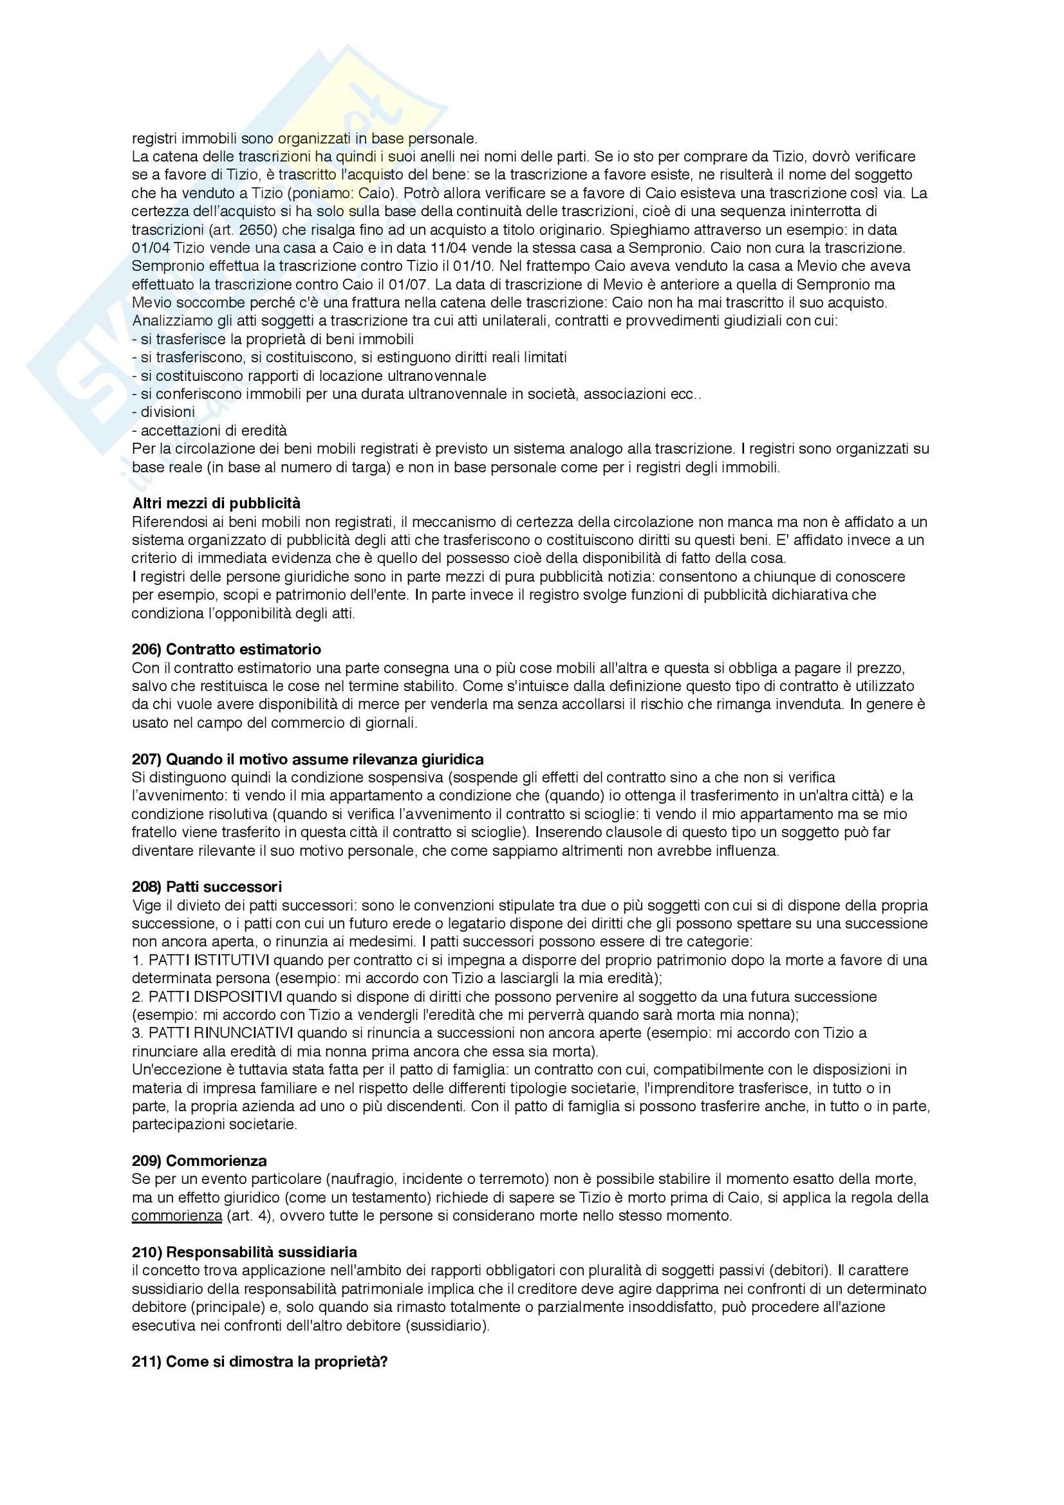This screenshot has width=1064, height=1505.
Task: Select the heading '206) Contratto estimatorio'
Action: [x=226, y=649]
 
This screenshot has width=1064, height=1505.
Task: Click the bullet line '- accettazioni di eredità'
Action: [x=209, y=430]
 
